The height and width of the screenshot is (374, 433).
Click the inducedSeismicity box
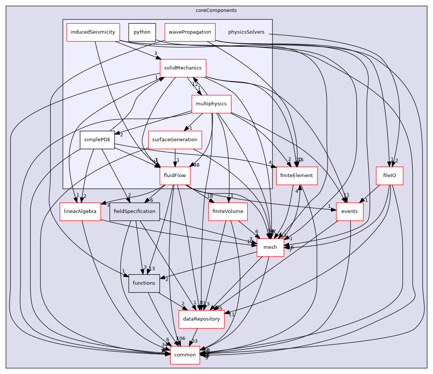pos(93,32)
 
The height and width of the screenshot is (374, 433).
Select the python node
pos(142,32)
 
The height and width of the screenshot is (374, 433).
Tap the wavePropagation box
pos(190,32)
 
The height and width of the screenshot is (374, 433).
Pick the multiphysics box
pos(211,104)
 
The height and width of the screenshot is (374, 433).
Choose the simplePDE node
pos(97,140)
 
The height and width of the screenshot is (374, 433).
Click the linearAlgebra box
pos(80,211)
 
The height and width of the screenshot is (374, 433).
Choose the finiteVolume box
pos(228,211)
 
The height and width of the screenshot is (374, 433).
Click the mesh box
pos(270,247)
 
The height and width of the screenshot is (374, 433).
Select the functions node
pos(144,283)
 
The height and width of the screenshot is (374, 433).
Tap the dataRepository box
pos(201,319)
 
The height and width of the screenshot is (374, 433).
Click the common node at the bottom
pos(185,355)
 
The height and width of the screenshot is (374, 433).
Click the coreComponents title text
pos(216,10)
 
